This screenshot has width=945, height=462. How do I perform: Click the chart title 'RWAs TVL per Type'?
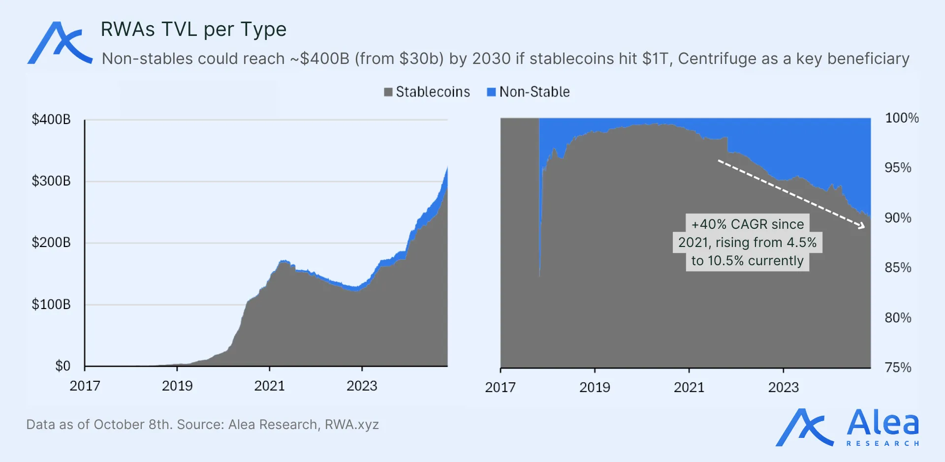pos(193,30)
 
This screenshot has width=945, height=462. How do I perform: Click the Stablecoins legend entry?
pos(427,92)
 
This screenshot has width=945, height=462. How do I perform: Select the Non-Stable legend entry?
pos(529,92)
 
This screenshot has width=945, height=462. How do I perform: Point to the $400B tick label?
pos(51,120)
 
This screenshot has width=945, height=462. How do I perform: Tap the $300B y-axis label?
pos(51,181)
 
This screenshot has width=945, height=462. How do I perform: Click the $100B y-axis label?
pos(51,305)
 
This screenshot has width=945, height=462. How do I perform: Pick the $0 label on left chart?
pos(63,366)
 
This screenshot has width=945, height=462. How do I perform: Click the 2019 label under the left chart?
pos(177,386)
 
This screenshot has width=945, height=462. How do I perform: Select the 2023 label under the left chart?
pos(362,386)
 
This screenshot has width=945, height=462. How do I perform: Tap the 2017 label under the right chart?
pos(500,387)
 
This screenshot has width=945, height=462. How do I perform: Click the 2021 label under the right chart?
pos(689,387)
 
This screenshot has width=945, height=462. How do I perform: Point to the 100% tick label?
pos(902,118)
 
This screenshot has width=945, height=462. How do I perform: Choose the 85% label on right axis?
pos(898,268)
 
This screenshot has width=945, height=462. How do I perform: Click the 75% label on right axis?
pos(898,368)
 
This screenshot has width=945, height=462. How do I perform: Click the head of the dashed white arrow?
pos(862,226)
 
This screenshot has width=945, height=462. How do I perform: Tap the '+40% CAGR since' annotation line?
pos(747,224)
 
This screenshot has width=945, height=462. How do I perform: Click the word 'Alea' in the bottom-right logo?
pos(883,423)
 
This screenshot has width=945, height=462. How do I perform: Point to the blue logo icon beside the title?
pos(60,43)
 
